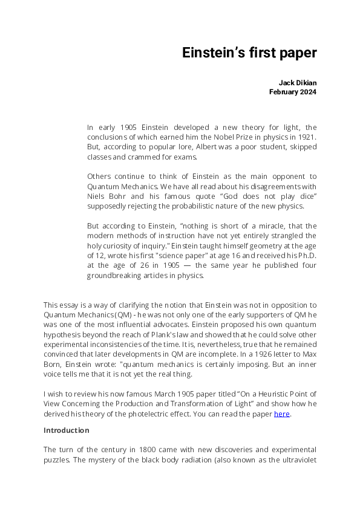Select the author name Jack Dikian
coord(297,82)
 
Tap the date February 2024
coord(292,92)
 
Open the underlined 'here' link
coord(282,413)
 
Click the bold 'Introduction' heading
coord(67,430)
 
